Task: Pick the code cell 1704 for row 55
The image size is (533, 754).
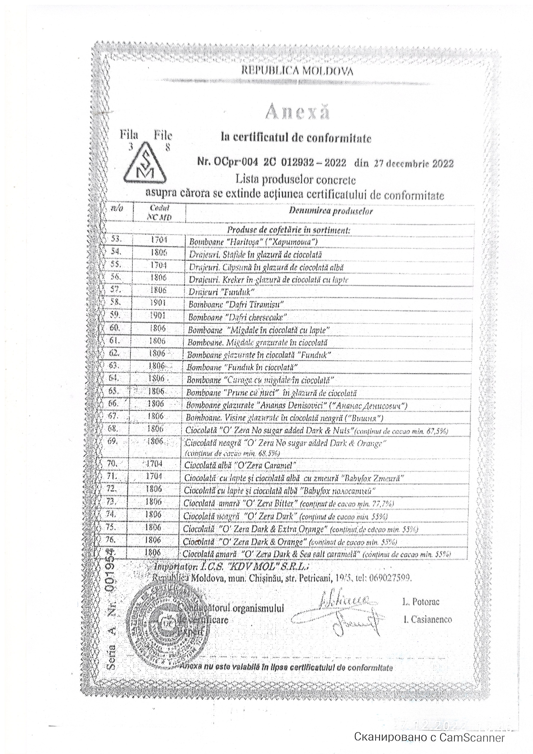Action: [159, 265]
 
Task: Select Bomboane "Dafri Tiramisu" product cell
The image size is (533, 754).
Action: [236, 304]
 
